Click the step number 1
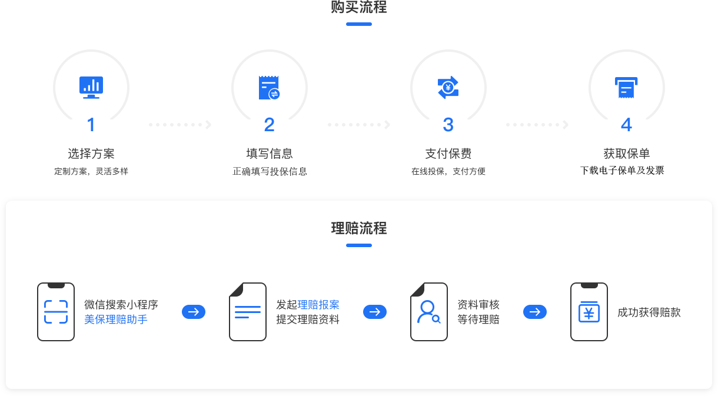click(91, 125)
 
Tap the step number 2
click(270, 125)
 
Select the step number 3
click(448, 125)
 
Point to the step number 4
click(627, 125)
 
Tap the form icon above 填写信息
click(270, 88)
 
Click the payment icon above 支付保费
click(448, 88)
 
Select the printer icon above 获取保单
click(627, 88)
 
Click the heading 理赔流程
click(359, 228)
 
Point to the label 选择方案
click(91, 154)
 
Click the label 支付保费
click(448, 154)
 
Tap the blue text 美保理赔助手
click(116, 320)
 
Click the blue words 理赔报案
click(318, 305)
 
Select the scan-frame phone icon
click(56, 312)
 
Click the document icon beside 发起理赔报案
click(248, 312)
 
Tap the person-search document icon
click(429, 312)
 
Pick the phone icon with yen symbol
click(589, 312)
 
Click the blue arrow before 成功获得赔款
click(535, 312)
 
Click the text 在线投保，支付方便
click(448, 172)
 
